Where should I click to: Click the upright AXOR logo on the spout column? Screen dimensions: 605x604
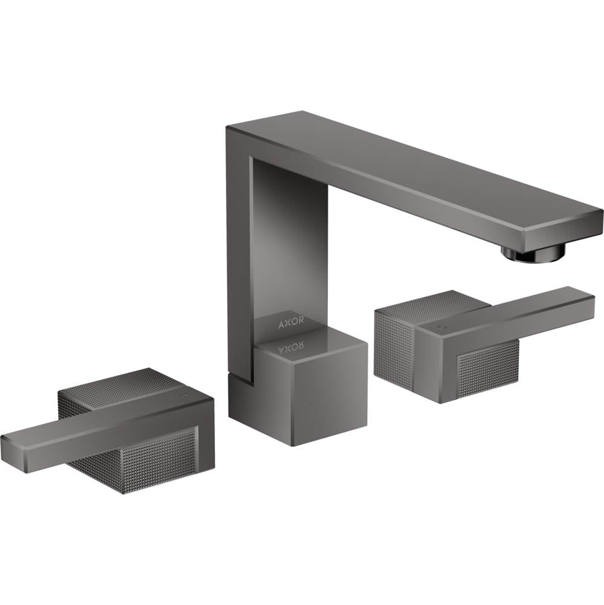point(291,323)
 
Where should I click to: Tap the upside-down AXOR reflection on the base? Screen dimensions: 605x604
point(291,346)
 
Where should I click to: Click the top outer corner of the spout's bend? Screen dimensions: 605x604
point(230,128)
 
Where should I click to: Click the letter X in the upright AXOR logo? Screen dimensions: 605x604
point(288,323)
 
